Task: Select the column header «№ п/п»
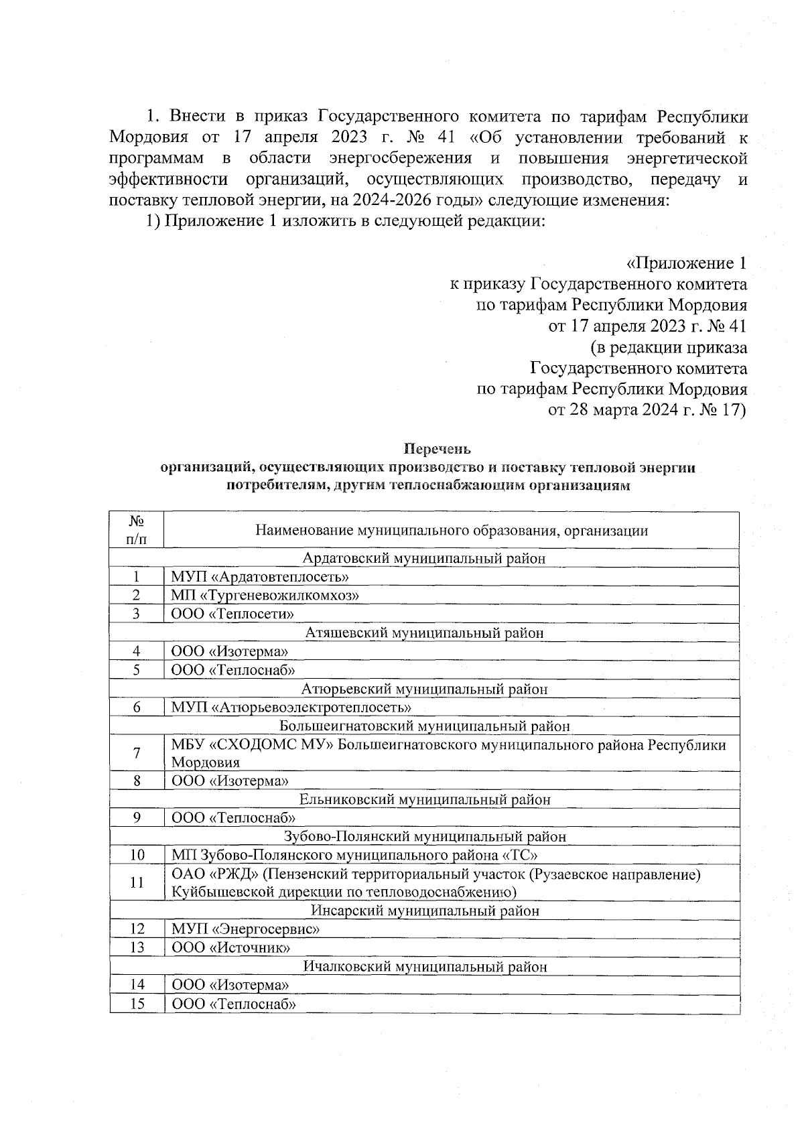point(136,530)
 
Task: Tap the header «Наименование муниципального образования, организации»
point(452,531)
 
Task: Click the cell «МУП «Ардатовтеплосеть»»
point(261,576)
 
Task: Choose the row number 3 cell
point(136,613)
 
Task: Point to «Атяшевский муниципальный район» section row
point(424,632)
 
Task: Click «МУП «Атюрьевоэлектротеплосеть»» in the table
point(291,707)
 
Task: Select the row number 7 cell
point(136,753)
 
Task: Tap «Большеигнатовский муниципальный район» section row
point(424,726)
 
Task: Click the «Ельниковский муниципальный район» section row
point(424,799)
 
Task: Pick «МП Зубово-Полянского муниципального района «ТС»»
point(354,855)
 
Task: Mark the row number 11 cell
point(136,882)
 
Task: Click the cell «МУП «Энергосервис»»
point(245,929)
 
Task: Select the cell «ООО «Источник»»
point(231,947)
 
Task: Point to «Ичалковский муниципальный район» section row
point(424,966)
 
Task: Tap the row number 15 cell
point(136,1004)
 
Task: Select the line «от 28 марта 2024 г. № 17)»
point(647,410)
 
